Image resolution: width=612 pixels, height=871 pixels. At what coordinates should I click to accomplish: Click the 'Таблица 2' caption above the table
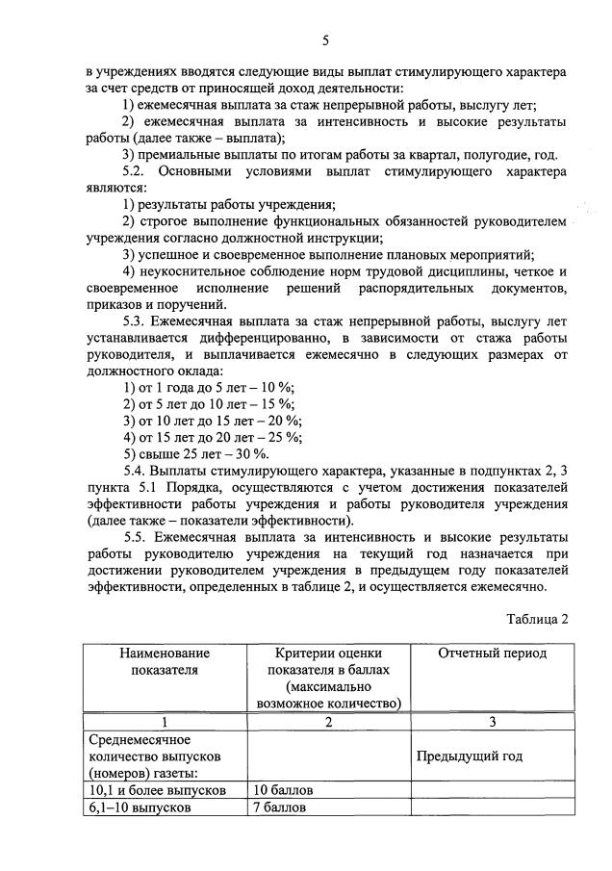point(535,619)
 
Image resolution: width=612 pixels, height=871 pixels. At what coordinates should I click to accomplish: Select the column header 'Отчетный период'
point(492,653)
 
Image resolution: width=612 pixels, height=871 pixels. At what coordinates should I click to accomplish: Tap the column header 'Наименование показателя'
point(164,662)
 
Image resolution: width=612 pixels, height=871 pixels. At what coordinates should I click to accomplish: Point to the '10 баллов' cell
point(283,790)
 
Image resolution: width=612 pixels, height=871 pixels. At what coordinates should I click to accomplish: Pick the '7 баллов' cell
point(279,807)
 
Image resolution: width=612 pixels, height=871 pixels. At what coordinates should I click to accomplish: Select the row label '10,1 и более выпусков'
point(157,790)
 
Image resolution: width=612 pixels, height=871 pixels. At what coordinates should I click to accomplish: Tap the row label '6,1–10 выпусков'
point(138,807)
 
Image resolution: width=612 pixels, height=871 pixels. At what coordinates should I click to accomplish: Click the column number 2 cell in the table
point(328,722)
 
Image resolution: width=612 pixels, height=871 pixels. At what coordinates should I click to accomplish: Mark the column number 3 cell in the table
point(492,722)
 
